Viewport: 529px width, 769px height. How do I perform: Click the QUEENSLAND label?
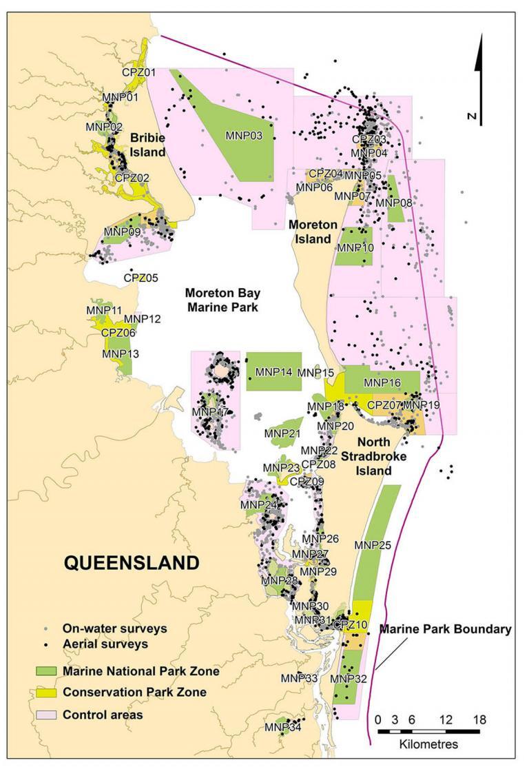[132, 562]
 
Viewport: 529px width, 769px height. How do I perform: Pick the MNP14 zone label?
[274, 372]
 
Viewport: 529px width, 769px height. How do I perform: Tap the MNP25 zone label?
[373, 545]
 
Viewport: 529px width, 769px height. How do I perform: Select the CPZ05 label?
[141, 278]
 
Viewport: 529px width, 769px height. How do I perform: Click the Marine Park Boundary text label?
[446, 629]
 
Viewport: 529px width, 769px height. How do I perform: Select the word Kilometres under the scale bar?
[428, 745]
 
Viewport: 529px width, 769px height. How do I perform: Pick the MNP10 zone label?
[356, 247]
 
